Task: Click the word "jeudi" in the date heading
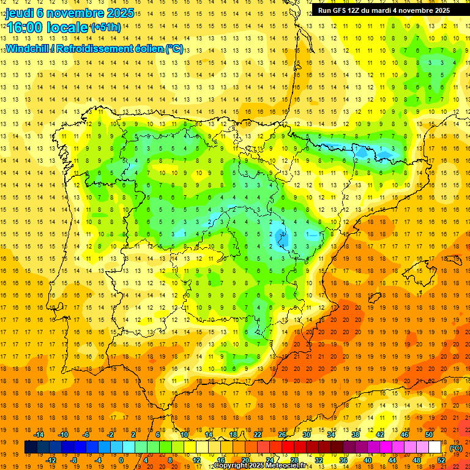point(20,13)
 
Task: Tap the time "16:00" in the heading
point(26,28)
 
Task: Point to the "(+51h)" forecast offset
point(105,28)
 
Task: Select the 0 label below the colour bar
point(121,460)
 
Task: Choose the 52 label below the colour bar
point(441,460)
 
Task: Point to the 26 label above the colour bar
point(282,435)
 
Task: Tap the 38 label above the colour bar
point(356,435)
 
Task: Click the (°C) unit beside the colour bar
point(456,448)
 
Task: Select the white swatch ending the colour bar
point(435,447)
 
